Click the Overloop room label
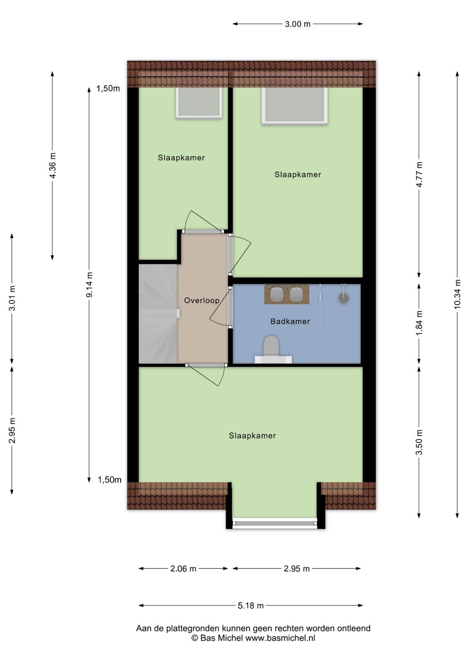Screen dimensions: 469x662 tap(201, 300)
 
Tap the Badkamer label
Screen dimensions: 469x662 tap(290, 321)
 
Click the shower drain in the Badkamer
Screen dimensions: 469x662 tap(343, 298)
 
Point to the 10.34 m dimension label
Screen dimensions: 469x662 tap(457, 294)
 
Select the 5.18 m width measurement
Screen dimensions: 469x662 tap(250, 606)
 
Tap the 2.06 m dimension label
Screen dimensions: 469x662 tap(183, 568)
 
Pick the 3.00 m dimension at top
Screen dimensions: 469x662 tap(297, 24)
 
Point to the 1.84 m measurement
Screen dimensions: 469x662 tap(419, 323)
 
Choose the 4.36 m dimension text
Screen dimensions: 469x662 tap(53, 165)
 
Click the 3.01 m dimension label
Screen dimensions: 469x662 tap(12, 298)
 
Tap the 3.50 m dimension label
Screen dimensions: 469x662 tap(419, 442)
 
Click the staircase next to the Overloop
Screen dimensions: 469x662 tap(158, 314)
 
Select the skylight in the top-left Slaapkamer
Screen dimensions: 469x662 tap(199, 103)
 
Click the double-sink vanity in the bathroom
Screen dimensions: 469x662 tap(287, 294)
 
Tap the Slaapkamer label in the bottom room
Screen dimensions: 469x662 tap(252, 436)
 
